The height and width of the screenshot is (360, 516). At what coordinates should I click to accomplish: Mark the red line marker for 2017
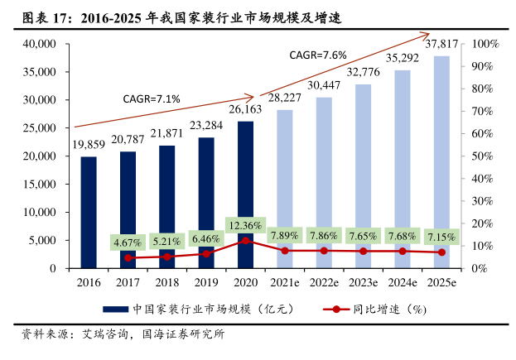(128, 257)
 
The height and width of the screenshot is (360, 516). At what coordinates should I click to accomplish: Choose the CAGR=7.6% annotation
(317, 55)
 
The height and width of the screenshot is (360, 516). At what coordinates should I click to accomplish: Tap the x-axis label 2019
(206, 283)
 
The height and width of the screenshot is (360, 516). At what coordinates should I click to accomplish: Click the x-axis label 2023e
(364, 283)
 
